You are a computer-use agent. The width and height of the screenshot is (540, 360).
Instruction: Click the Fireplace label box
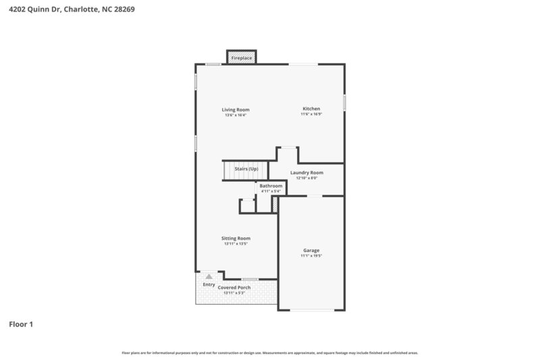pos(241,59)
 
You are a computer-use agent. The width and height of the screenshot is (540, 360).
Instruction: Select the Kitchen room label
pos(311,109)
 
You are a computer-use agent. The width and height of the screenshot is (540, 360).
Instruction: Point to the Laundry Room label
pos(307,173)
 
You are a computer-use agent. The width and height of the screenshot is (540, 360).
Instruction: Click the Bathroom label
pos(271,186)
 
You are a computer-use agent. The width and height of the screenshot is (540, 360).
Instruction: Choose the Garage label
pos(311,251)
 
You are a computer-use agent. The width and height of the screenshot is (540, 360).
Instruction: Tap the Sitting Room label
pos(236,238)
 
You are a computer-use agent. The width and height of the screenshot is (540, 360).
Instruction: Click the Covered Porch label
pos(234,288)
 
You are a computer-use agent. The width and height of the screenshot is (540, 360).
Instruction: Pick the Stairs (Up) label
pos(246,169)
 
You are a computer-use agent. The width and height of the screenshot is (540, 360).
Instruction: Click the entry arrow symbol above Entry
pos(209,276)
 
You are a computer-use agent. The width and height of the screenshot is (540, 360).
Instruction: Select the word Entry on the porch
pos(209,284)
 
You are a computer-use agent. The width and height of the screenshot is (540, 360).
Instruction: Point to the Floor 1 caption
pos(21,324)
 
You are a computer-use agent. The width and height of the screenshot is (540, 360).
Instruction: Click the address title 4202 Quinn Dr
pos(67,10)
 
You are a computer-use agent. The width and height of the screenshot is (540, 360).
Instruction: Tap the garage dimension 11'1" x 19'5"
pos(311,257)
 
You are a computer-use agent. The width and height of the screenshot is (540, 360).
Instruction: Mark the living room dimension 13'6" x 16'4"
pos(236,115)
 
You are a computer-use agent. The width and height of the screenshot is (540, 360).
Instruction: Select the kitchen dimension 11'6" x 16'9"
pos(311,115)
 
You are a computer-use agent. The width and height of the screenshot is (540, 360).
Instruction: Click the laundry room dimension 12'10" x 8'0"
pos(307,178)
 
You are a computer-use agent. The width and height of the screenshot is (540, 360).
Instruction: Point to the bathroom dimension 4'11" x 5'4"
pos(271,191)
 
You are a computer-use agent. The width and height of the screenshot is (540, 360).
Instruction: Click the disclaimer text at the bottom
pos(270,353)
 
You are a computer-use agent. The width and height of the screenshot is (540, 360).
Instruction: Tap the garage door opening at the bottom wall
pos(311,310)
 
